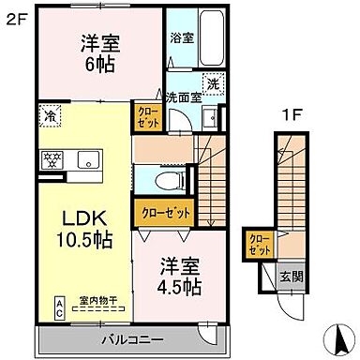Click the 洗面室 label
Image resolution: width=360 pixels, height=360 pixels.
[x=184, y=97]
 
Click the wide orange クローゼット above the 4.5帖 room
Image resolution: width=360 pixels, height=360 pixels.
[x=167, y=213]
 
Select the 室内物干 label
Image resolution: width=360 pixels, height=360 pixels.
[x=97, y=298]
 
